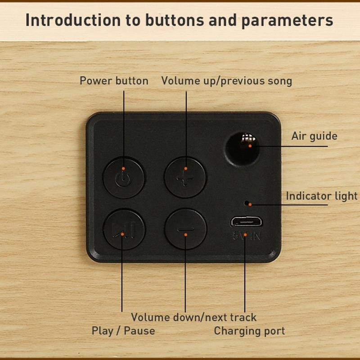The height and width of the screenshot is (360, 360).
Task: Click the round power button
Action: coord(123,177)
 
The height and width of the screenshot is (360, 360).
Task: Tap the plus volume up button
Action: coord(185,177)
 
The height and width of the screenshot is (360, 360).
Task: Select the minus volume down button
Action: coord(185,229)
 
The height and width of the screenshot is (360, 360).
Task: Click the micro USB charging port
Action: coord(246,222)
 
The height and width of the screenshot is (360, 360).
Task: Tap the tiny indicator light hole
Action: coord(247,203)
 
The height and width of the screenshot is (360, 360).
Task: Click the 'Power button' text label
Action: coord(114,81)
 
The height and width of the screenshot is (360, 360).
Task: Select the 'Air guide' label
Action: coord(314,136)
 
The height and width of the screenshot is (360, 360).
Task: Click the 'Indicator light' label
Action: coord(322,196)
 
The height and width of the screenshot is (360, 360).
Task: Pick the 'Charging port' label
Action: coord(249,331)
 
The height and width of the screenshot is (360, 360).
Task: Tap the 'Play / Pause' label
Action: coord(123,331)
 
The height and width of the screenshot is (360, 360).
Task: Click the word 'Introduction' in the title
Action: coord(73,20)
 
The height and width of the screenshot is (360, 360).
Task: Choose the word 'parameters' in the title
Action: coord(287,21)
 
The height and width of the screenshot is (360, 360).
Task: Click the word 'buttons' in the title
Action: coord(175,20)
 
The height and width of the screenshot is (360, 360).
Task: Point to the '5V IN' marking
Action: coord(246,235)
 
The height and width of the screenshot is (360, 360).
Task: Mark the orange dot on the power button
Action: coord(123,168)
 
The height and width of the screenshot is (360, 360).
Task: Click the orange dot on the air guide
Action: coord(250,146)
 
